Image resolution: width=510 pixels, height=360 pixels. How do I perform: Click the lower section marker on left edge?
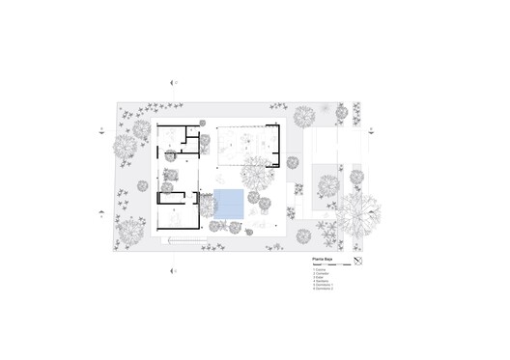click(102, 214)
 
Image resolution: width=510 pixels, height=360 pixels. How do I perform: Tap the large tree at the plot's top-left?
click(127, 147)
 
